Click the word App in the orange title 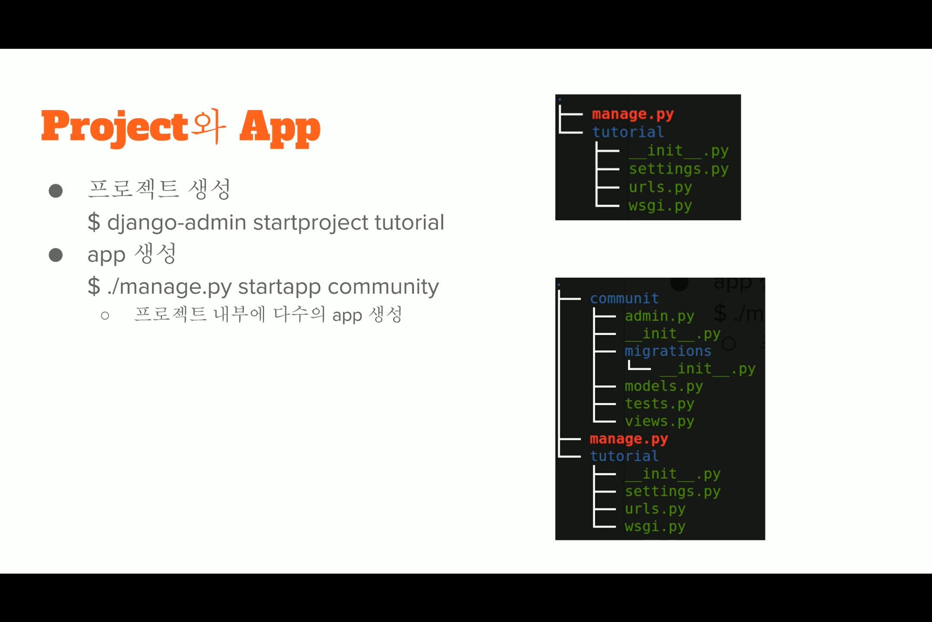point(280,128)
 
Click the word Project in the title point(115,128)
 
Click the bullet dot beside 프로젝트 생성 point(56,190)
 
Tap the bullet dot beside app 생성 point(56,255)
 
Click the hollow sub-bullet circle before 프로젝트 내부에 point(105,316)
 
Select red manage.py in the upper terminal point(633,114)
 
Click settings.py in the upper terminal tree point(678,169)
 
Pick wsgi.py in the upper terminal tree point(660,206)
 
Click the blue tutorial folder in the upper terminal point(628,132)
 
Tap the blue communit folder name point(624,298)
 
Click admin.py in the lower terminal point(659,316)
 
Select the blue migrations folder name point(668,351)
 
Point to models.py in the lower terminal point(664,386)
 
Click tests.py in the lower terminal point(659,404)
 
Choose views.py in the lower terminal point(659,421)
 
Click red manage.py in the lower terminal point(629,439)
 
